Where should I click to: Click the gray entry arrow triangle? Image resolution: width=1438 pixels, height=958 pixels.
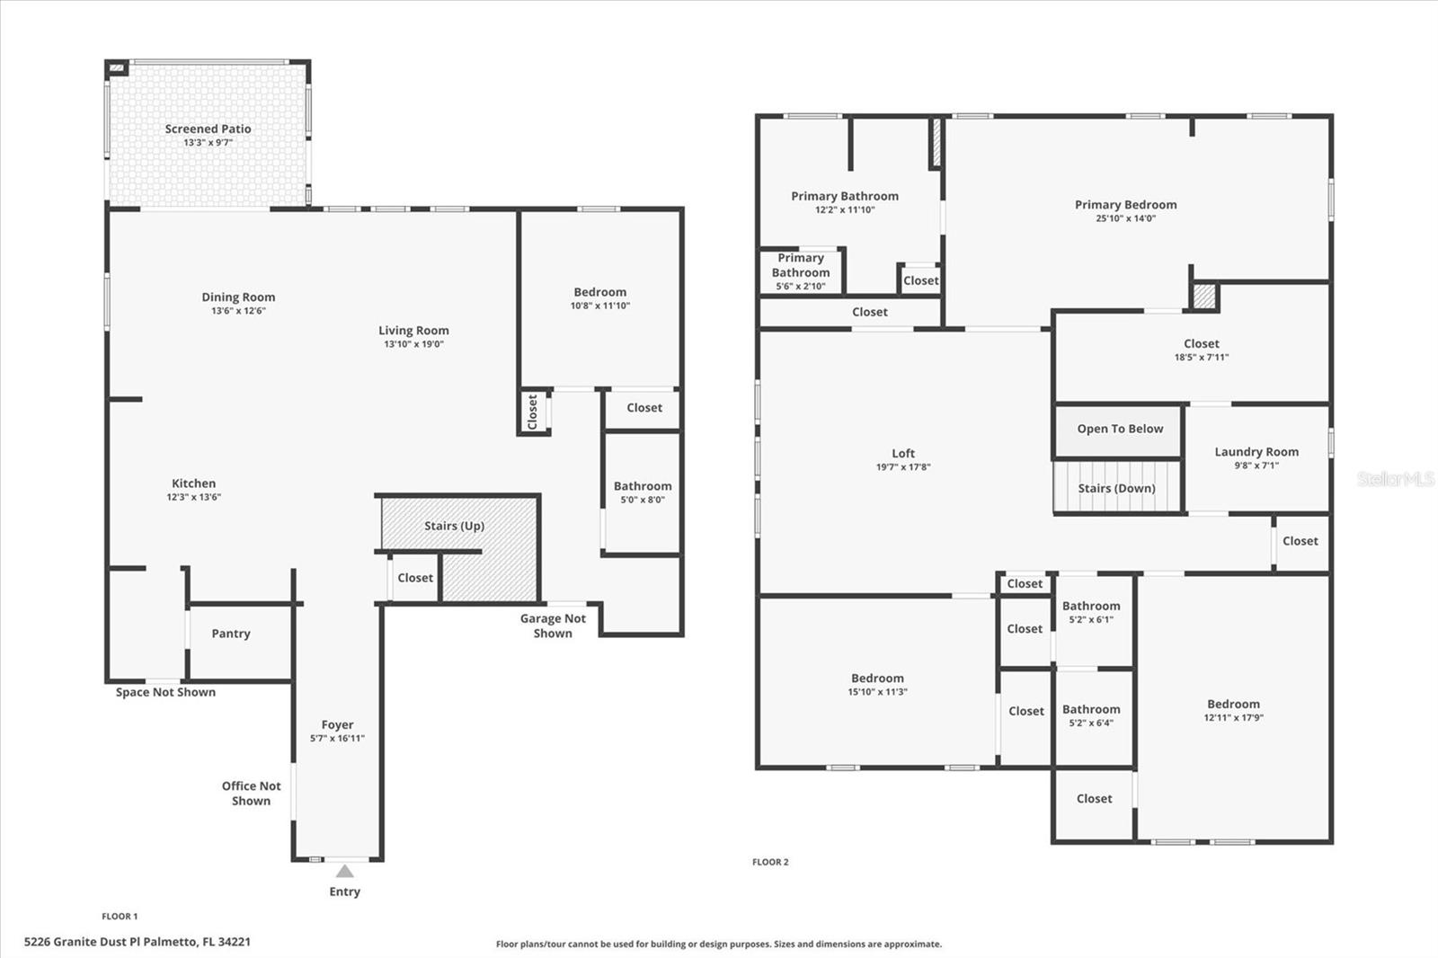[345, 872]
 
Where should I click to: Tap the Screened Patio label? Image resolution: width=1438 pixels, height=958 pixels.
[208, 129]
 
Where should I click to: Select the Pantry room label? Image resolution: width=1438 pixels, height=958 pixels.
[231, 634]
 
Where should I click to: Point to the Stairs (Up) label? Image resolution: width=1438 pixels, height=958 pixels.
[454, 526]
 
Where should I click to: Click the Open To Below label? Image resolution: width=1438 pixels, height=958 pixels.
[1120, 429]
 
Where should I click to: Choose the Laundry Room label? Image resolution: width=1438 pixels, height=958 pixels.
[1256, 452]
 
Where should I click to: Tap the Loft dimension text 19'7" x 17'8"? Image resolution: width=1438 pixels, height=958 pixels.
[903, 467]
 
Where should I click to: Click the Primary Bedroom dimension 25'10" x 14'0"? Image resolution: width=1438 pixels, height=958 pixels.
[1126, 218]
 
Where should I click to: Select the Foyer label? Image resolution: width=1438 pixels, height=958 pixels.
[338, 725]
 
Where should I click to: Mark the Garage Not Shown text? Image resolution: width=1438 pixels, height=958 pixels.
[553, 626]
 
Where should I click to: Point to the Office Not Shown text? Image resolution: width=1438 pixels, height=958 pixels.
[251, 793]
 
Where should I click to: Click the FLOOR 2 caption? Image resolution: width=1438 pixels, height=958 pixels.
[770, 862]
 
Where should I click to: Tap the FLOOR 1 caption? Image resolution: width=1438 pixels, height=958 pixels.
[120, 917]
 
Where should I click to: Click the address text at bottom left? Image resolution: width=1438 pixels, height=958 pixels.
[138, 941]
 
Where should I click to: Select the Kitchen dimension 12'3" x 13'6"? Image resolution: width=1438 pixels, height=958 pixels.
[194, 497]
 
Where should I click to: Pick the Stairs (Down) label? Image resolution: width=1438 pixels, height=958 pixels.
[1117, 489]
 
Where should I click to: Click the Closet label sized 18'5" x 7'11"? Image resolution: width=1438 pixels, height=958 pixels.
[1202, 343]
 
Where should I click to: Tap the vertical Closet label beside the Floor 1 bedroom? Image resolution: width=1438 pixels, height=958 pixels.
[532, 412]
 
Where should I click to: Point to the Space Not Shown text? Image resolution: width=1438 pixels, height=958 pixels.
[165, 692]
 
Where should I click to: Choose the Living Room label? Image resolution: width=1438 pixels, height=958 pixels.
[413, 331]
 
